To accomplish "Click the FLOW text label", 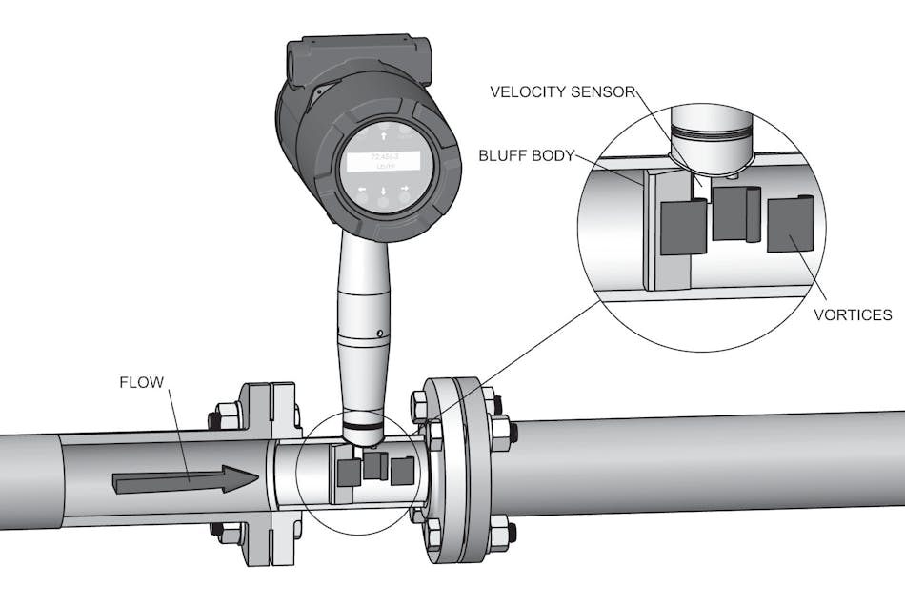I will click(x=141, y=383).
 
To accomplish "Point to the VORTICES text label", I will click(x=853, y=314).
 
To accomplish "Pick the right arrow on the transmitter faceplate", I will click(x=405, y=190).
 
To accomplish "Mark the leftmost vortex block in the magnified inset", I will click(x=683, y=228).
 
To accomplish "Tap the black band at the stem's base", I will click(x=364, y=420).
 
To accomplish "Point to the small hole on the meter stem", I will click(x=379, y=333).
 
